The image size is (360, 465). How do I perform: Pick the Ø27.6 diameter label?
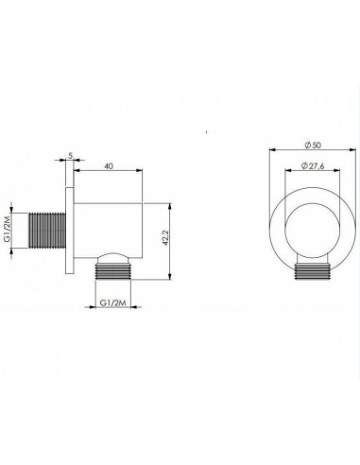click(x=311, y=166)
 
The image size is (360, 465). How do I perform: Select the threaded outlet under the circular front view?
click(x=311, y=273)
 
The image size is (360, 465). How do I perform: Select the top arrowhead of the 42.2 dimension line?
click(x=168, y=203)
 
